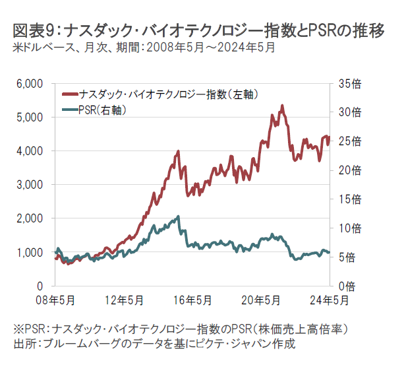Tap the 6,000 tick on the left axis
coord(28,84)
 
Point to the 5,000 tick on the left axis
coord(28,117)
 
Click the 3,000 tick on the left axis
coord(28,185)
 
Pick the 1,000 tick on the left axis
coord(28,252)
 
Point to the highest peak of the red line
coord(282,106)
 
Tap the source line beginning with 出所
coord(154,343)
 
